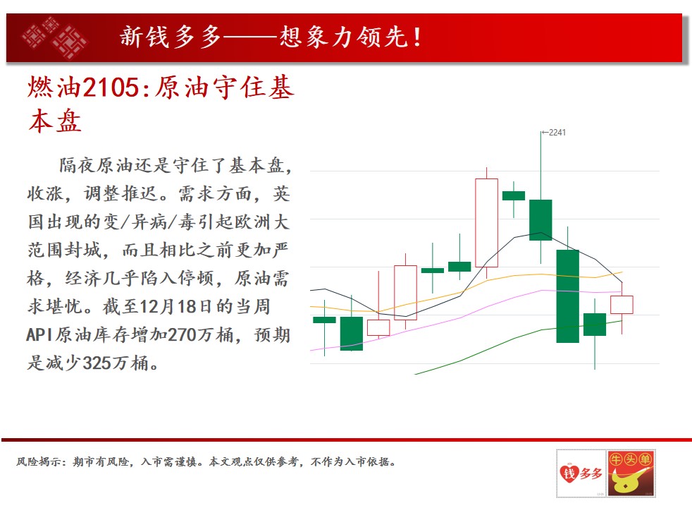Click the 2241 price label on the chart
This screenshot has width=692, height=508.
pos(557,133)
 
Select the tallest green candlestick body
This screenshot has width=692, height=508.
pos(567,296)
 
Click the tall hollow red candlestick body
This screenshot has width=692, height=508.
pos(486,223)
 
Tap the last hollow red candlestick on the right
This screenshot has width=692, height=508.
pos(622,305)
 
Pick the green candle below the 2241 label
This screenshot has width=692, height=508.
pos(540,220)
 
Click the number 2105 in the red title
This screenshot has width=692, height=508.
pos(111,87)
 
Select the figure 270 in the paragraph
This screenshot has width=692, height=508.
pos(182,334)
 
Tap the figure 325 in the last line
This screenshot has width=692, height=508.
pos(97,363)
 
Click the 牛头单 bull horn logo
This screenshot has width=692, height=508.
pos(631,473)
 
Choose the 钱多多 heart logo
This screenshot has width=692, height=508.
pos(581,473)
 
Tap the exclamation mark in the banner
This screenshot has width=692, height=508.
pos(417,37)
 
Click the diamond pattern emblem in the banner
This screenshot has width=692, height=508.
pos(55,38)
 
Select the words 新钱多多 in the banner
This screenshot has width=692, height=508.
pos(171,37)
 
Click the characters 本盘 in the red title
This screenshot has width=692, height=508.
pos(55,121)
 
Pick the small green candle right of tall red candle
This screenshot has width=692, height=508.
pos(514,195)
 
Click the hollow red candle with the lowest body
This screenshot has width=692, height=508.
pos(378,328)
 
